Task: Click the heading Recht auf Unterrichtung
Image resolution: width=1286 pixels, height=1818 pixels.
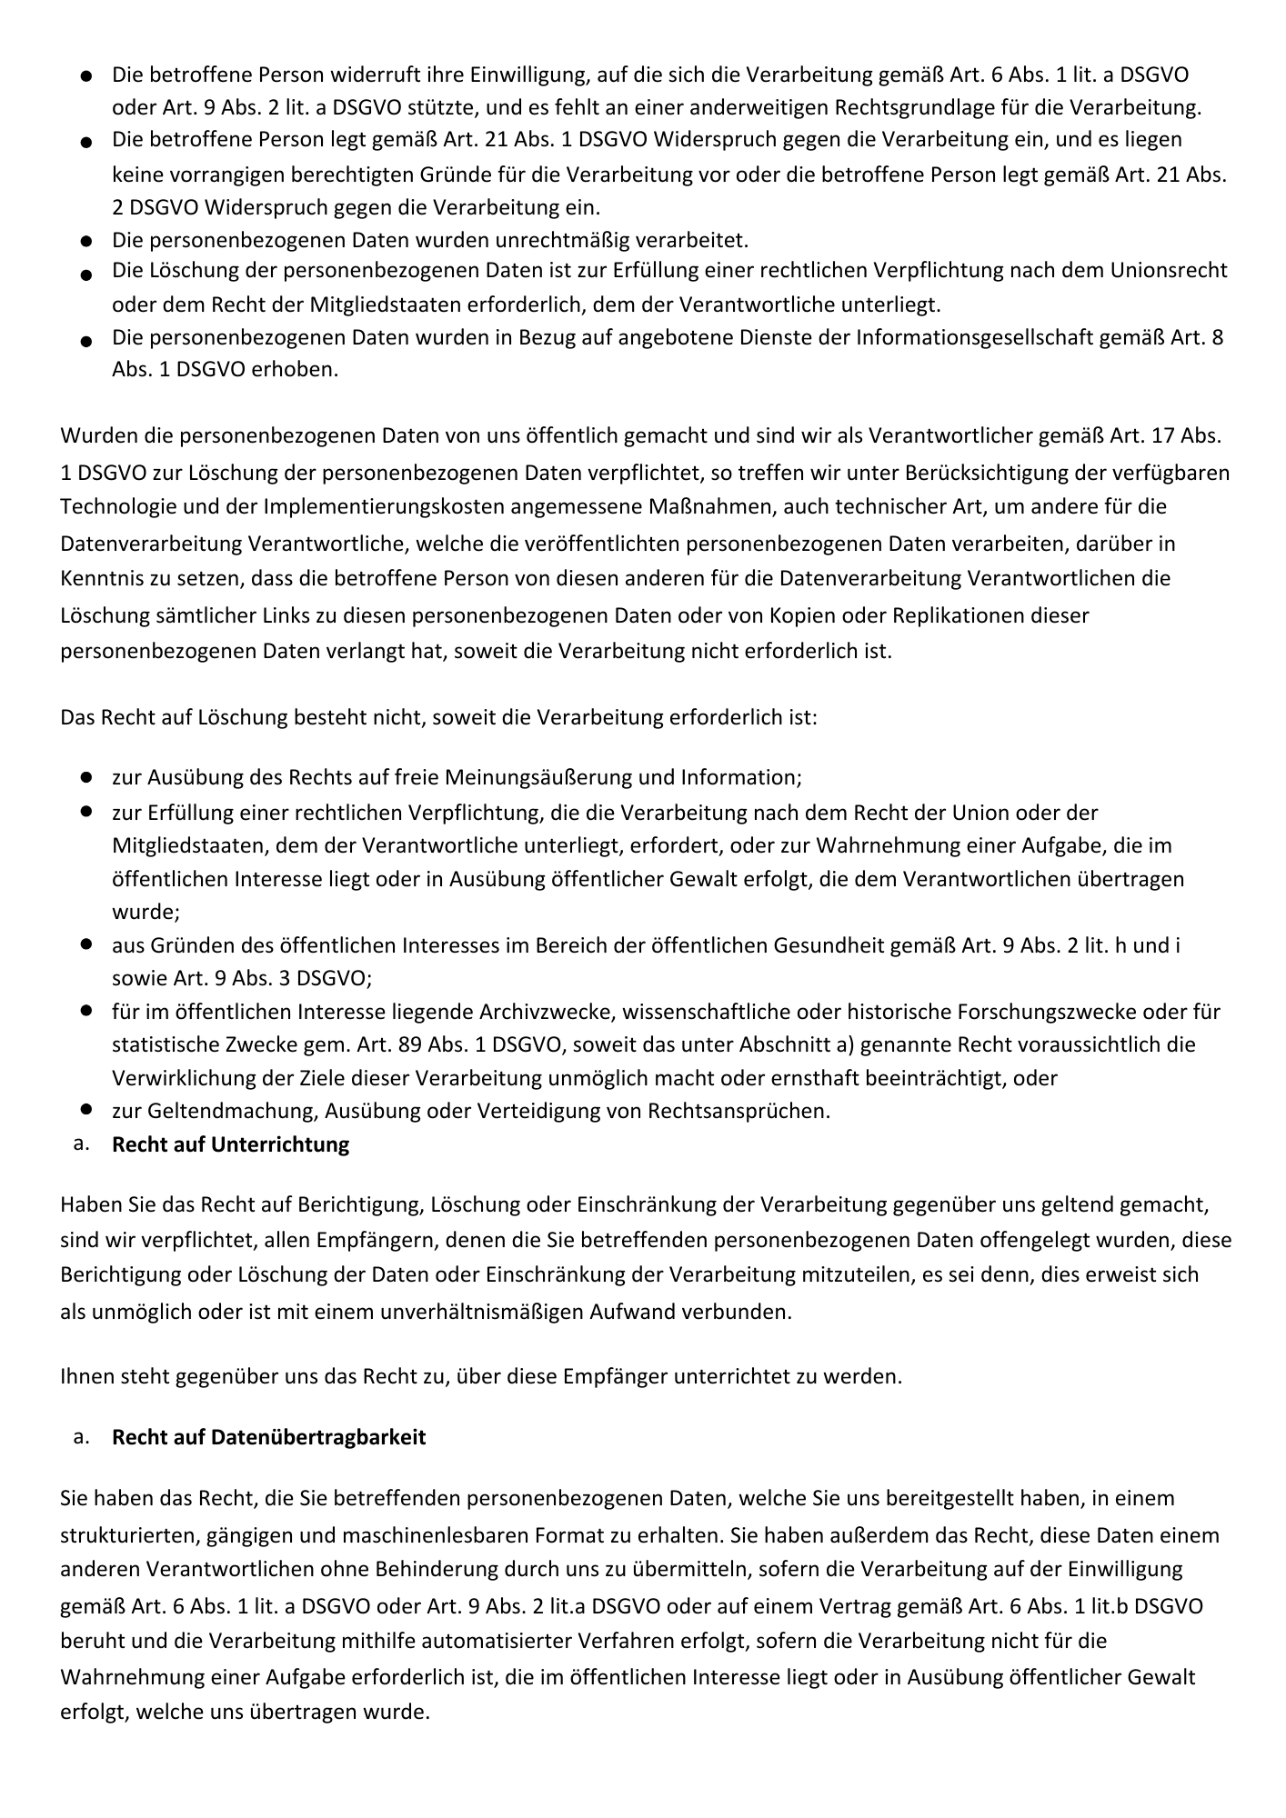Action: click(x=230, y=1144)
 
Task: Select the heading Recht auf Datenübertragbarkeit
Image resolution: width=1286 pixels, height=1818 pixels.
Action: click(x=268, y=1437)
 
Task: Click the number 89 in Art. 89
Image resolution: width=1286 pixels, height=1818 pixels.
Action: click(x=409, y=1044)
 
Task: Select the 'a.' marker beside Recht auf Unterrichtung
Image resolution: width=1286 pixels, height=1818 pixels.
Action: click(x=81, y=1144)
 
